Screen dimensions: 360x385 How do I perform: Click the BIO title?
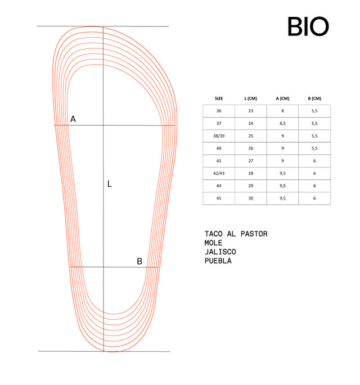click(x=308, y=26)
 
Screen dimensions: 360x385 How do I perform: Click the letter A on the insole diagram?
click(x=73, y=119)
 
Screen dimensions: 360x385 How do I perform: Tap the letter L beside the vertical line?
click(x=110, y=184)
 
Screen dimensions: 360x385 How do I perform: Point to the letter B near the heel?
click(x=139, y=261)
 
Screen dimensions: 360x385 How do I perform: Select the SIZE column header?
click(x=219, y=98)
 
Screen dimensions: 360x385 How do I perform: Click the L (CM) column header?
click(x=251, y=98)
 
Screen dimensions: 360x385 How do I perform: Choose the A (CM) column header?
click(x=282, y=98)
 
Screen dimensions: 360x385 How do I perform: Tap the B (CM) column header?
click(x=314, y=98)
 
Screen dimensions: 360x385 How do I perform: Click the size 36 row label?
click(x=219, y=111)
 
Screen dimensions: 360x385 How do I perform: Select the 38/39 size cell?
click(x=219, y=136)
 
